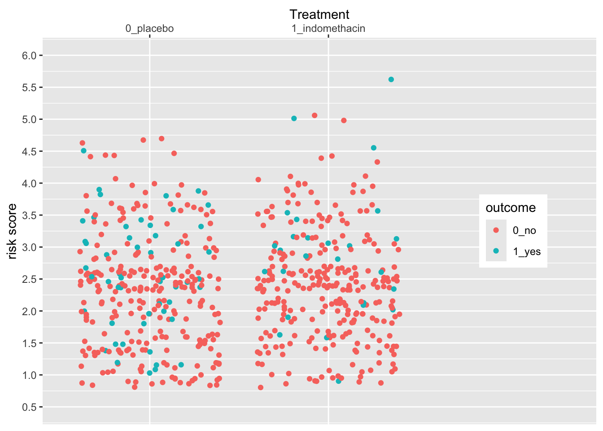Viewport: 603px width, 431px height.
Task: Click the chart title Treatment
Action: pos(319,14)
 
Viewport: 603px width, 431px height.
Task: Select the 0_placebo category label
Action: pos(149,29)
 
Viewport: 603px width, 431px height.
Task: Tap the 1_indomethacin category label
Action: pos(328,29)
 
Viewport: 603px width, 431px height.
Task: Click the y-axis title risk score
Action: pos(12,231)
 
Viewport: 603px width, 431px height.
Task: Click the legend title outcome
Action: pos(511,208)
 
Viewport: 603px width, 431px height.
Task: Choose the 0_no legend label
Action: pos(524,231)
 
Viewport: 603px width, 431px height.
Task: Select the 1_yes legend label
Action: pos(527,251)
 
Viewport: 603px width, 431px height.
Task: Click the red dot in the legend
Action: pos(496,230)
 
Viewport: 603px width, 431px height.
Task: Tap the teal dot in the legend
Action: pos(496,251)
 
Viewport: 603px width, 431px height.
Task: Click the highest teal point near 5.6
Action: pos(391,79)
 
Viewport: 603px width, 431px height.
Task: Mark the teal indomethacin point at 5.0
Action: pos(294,119)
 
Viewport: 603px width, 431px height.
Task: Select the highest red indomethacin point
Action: pos(315,115)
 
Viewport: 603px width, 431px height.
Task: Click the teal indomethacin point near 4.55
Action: pos(374,148)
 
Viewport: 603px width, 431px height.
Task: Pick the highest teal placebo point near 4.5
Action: pos(83,151)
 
